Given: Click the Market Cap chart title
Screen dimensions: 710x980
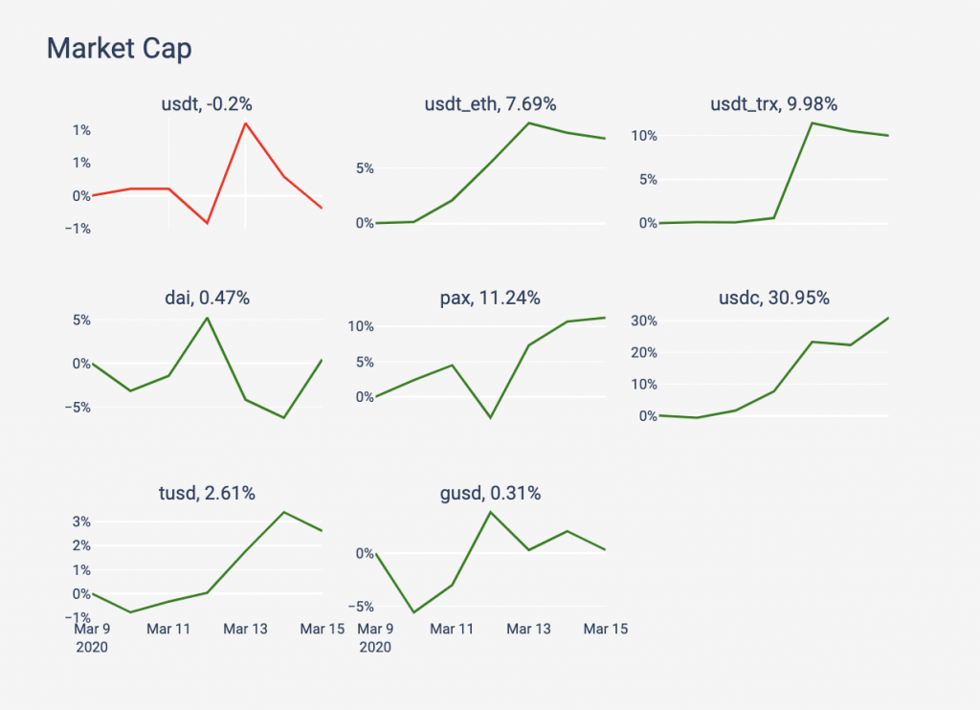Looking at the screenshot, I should point(120,49).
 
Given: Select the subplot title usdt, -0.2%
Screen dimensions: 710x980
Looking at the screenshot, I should point(207,104).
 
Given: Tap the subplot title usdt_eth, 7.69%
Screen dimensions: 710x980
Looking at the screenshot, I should point(490,104).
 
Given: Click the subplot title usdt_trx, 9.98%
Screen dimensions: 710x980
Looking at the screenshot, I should point(773,104).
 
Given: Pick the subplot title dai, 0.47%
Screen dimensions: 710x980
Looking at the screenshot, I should point(207,298).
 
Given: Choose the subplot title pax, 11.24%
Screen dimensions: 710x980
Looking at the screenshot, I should point(490,298).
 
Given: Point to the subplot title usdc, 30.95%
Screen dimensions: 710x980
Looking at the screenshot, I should point(773,298).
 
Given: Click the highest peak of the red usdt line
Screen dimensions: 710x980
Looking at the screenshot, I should point(246,122).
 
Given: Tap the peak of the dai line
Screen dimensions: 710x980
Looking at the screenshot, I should point(208,318).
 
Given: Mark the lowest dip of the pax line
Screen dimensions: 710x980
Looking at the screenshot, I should point(490,418).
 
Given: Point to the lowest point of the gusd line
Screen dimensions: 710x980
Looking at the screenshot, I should point(413,612).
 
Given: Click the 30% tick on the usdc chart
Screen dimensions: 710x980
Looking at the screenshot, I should point(641,321).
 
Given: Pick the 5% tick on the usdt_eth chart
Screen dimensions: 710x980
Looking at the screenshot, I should point(364,168).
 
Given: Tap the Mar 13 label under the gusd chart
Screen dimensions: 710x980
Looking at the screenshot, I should point(528,629).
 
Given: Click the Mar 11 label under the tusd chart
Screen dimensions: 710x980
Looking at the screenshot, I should point(168,629).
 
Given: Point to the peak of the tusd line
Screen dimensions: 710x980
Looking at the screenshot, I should point(284,512).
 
